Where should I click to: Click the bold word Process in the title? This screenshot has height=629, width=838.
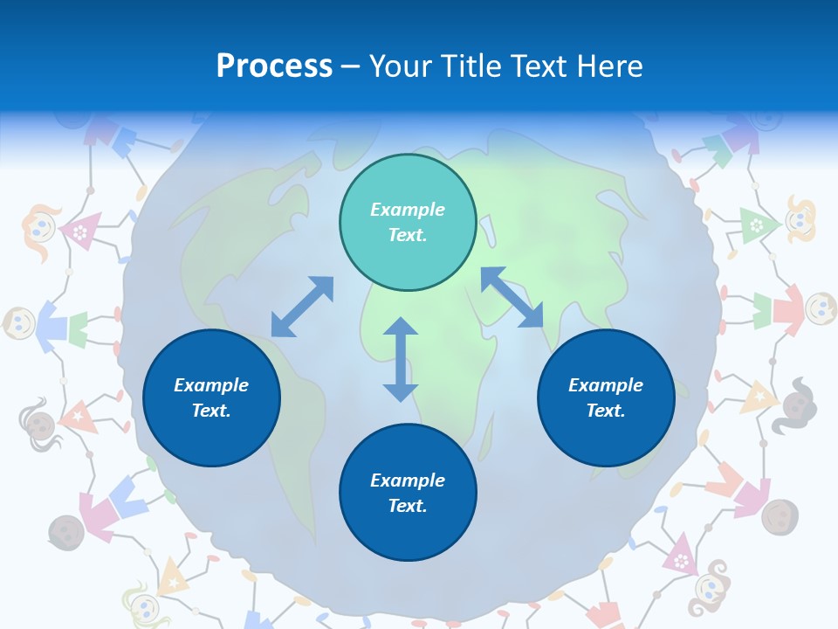point(274,66)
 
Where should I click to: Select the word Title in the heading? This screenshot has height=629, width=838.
point(477,66)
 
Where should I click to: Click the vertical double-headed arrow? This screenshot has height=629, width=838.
point(401,359)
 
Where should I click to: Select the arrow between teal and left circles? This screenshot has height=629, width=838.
point(302,306)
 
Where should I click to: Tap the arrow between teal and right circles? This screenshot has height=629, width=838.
point(512,298)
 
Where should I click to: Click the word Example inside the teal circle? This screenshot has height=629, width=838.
point(408,210)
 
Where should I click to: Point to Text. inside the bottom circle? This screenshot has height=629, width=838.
point(408,506)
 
